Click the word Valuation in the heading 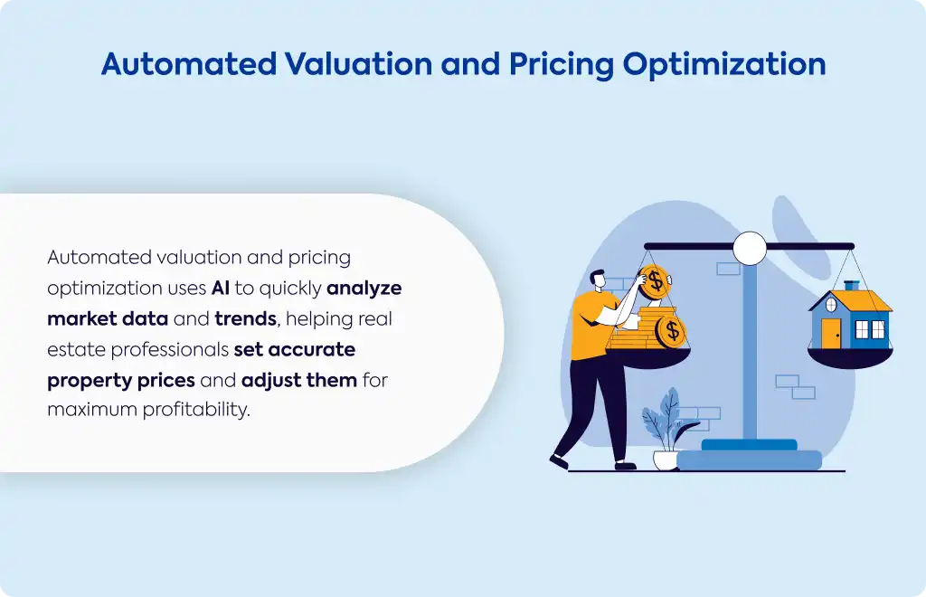pos(358,64)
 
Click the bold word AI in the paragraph pos(221,288)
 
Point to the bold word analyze pos(364,289)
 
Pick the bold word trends pos(246,319)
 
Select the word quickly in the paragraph pos(290,289)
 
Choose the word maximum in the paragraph pos(91,410)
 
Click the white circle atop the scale pos(750,248)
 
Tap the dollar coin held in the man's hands pos(655,282)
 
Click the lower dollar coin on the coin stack pos(672,331)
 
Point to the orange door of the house pos(831,334)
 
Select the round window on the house pos(830,305)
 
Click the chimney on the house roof pos(852,286)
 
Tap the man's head pos(598,280)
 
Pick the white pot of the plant pos(666,460)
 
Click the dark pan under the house pos(850,358)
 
